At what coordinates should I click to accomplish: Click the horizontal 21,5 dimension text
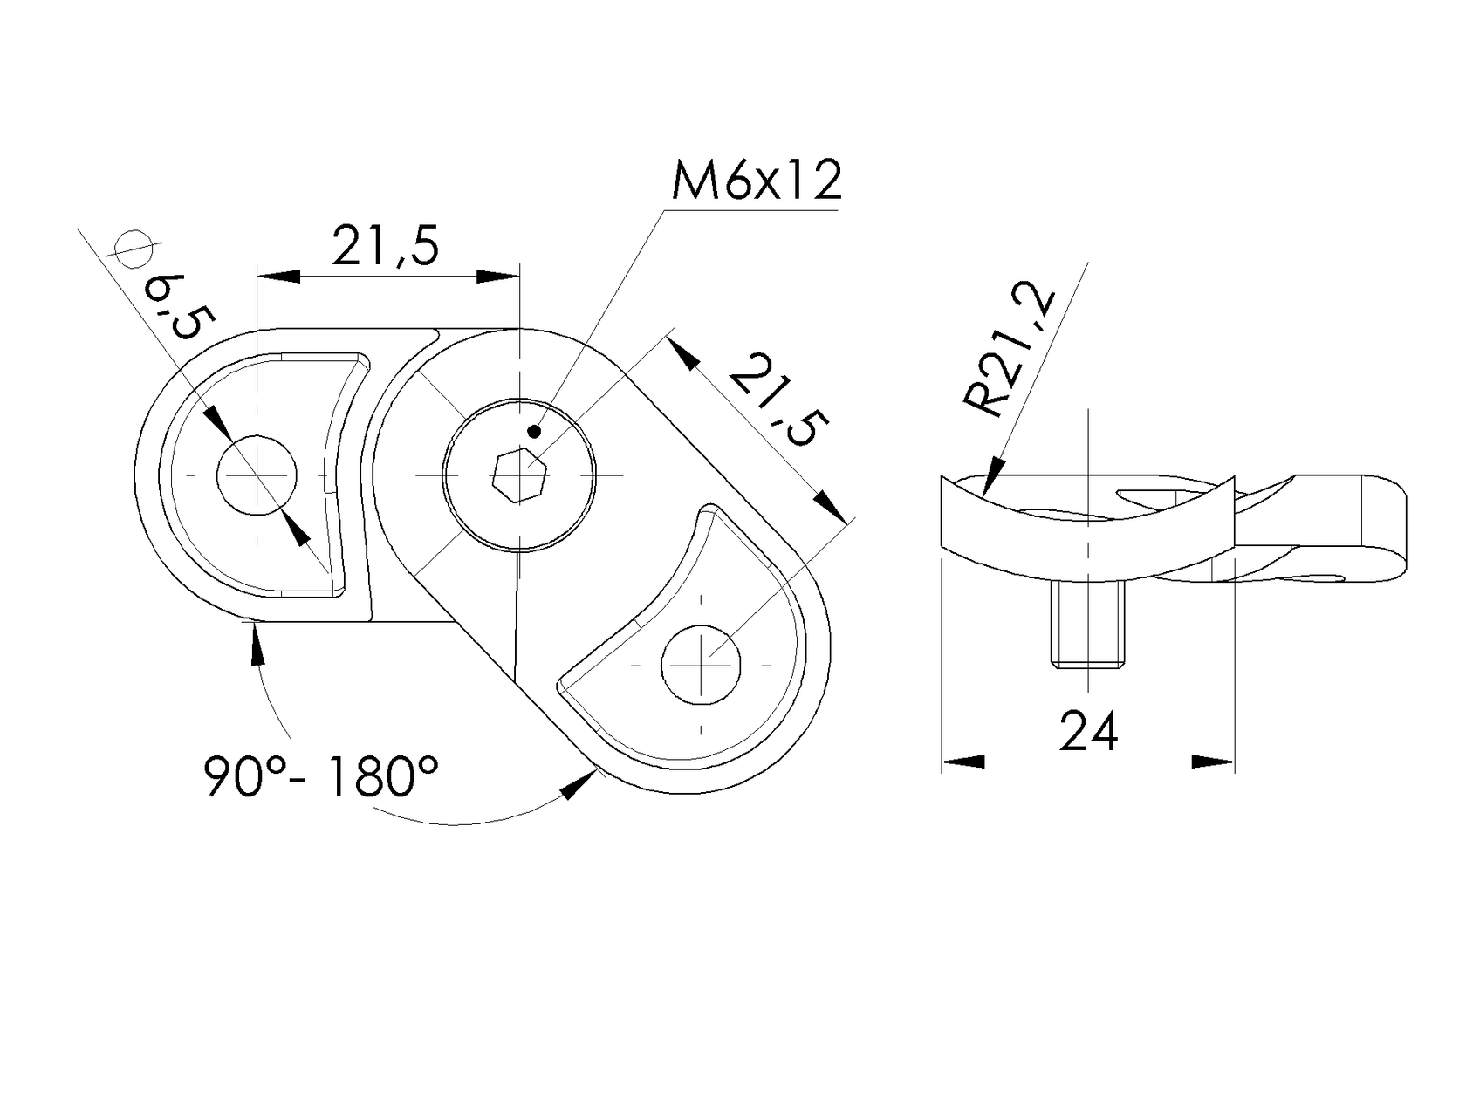click(x=385, y=247)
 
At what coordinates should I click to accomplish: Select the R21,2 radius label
click(x=1010, y=352)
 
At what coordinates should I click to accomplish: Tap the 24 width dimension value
click(x=1088, y=732)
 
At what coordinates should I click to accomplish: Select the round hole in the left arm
click(x=257, y=475)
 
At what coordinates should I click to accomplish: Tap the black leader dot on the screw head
click(x=534, y=431)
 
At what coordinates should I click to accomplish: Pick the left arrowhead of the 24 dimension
click(x=962, y=762)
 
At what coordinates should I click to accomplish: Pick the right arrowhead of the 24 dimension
click(x=1214, y=762)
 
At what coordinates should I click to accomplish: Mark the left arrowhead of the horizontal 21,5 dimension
click(x=277, y=277)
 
